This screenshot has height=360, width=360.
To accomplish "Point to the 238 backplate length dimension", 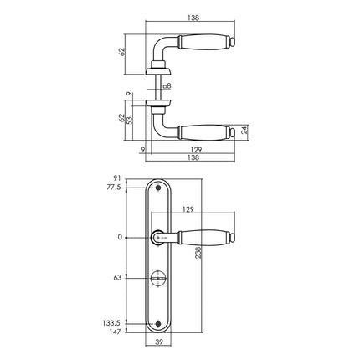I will pyautogui.click(x=198, y=259).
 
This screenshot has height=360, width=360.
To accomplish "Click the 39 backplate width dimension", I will pyautogui.click(x=160, y=344).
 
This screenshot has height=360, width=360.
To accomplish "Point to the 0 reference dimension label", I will pyautogui.click(x=120, y=238).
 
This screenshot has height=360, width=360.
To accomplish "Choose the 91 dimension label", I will pyautogui.click(x=117, y=179).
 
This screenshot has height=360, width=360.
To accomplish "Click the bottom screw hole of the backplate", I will pyautogui.click(x=159, y=321).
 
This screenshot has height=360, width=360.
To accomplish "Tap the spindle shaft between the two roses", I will pyautogui.click(x=158, y=86).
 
